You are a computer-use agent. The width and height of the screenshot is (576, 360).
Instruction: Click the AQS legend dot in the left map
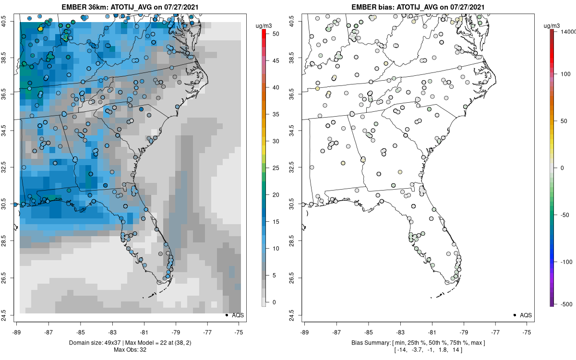(226, 315)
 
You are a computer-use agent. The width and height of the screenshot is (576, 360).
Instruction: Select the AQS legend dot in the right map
(514, 315)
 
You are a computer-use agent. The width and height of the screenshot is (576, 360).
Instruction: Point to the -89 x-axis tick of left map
(17, 331)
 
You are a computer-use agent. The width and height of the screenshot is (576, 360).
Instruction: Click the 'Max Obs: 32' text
(130, 350)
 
